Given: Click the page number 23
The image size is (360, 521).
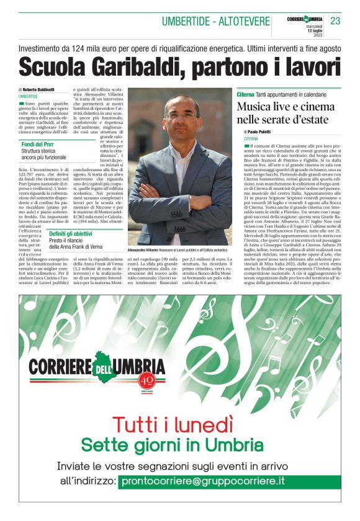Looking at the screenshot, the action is (335, 21).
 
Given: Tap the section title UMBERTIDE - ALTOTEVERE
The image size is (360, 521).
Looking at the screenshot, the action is (215, 22).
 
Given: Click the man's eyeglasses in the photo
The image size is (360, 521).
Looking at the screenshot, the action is (181, 115).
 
